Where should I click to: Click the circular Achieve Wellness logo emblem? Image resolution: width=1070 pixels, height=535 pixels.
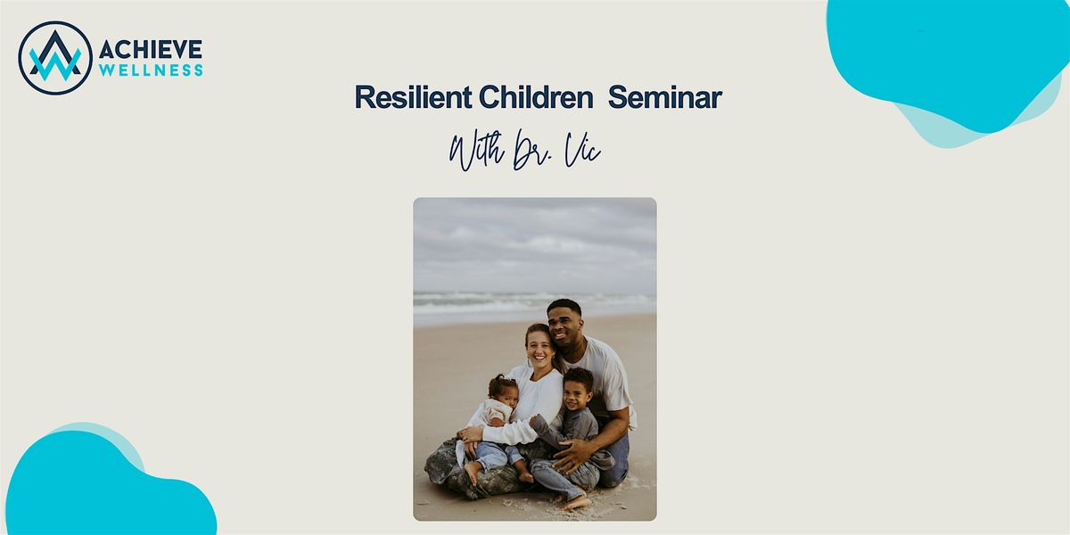click(55, 58)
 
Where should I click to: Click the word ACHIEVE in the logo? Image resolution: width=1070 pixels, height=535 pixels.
click(151, 49)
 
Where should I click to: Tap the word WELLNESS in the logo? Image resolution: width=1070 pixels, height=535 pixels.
click(151, 70)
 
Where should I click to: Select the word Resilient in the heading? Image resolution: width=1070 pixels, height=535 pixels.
click(413, 97)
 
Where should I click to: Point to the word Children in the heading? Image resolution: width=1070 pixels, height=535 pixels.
click(536, 97)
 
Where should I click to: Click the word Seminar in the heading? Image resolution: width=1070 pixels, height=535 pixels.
click(665, 97)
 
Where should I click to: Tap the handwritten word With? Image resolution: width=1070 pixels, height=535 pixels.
click(476, 150)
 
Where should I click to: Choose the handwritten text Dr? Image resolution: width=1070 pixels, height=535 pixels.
click(531, 151)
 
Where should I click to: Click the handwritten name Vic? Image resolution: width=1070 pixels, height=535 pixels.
click(582, 150)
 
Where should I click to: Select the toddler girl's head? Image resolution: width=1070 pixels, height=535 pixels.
click(503, 392)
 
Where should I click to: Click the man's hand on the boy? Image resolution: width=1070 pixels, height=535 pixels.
click(575, 454)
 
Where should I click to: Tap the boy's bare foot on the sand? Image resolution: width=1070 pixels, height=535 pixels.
click(576, 502)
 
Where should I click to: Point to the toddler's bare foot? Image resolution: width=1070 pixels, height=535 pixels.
click(472, 471)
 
